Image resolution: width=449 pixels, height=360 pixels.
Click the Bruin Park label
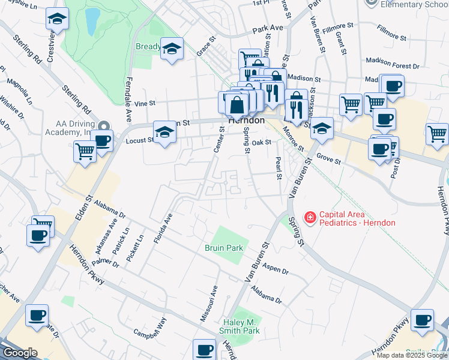tap(224, 247)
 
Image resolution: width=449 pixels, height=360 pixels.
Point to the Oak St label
tap(262, 143)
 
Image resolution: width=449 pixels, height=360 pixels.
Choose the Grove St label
tap(328, 161)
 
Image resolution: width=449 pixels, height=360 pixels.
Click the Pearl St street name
tap(279, 169)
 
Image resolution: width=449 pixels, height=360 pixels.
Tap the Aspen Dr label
tap(276, 271)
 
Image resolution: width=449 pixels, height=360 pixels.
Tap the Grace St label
tap(206, 47)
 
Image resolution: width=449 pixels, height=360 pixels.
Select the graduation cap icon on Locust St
tap(164, 132)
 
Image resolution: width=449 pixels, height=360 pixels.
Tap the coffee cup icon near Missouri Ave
tap(204, 349)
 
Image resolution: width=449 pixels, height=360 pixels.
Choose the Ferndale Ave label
tap(128, 99)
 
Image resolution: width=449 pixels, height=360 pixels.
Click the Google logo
tap(20, 353)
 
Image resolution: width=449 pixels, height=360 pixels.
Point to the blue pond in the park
tap(92, 22)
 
